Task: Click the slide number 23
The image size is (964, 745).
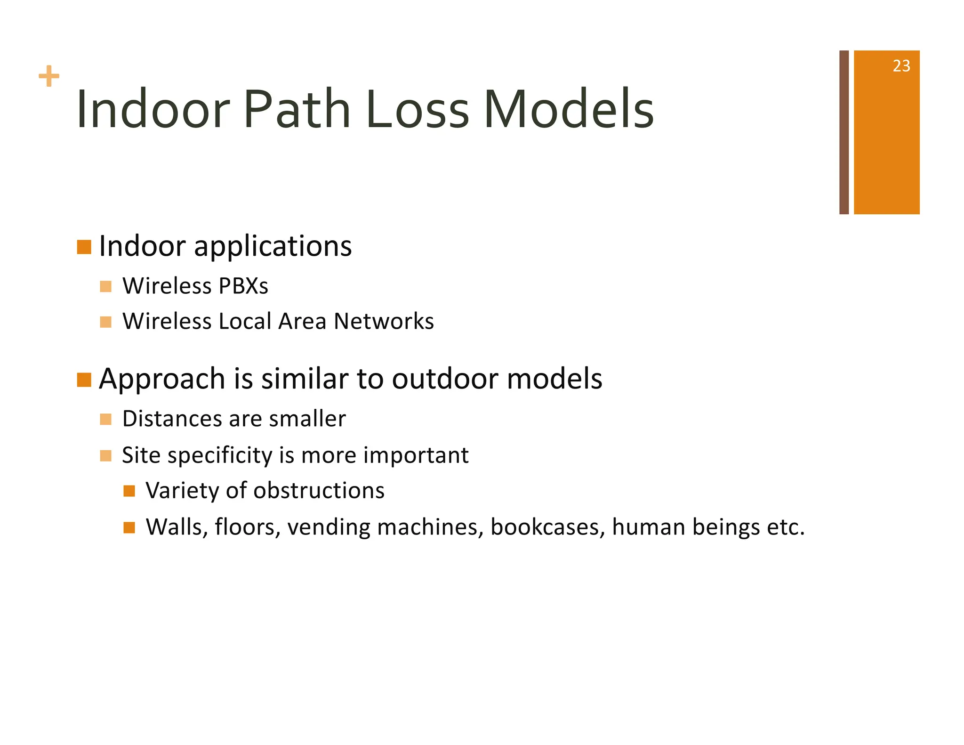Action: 901,66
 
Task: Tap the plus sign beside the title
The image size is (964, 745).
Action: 49,76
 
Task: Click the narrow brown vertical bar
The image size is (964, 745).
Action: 844,132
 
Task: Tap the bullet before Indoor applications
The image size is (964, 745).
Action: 84,247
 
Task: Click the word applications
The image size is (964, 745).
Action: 273,247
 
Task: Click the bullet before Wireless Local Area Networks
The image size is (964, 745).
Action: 106,322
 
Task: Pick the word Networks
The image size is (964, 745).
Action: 384,322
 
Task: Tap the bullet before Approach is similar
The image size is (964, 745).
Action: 84,380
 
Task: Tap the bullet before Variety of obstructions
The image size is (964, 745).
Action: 129,492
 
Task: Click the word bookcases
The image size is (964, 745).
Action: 547,527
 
